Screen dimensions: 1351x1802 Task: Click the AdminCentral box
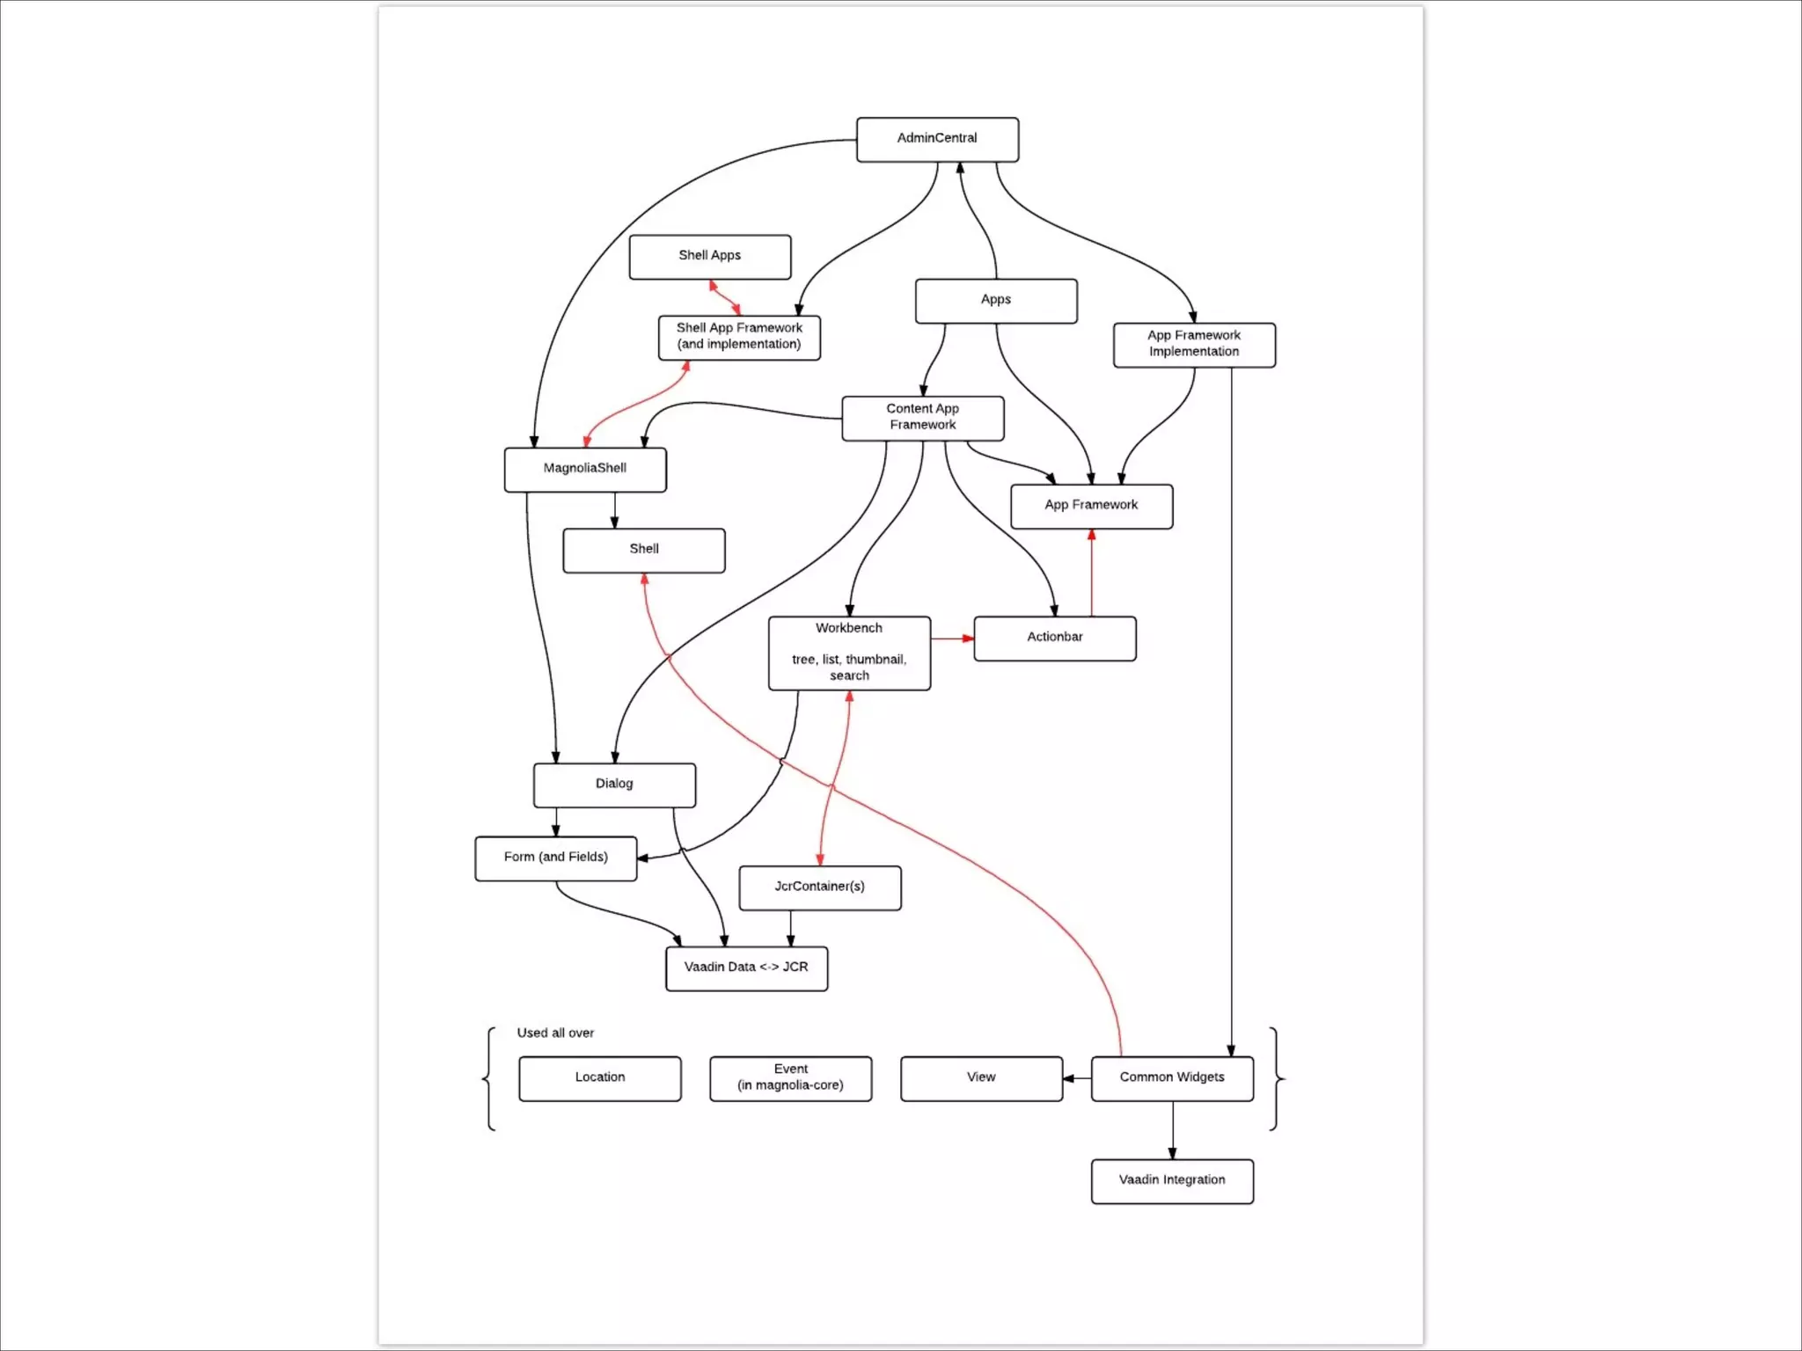(937, 139)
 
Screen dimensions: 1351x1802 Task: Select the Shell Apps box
(709, 256)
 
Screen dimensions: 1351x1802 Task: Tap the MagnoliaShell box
(585, 469)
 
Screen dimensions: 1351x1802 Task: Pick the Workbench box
(849, 653)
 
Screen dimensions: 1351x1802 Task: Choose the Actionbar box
(1054, 638)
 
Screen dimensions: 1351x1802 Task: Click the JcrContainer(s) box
(819, 887)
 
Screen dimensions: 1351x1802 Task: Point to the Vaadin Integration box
(1171, 1180)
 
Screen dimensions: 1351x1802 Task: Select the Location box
(599, 1077)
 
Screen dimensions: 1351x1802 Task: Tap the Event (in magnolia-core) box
(790, 1077)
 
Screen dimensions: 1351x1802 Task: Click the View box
(981, 1077)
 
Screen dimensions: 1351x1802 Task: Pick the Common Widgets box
(1171, 1077)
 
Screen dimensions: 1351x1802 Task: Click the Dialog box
(614, 785)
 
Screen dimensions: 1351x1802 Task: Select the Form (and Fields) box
(555, 858)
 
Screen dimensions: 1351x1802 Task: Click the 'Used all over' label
(555, 1033)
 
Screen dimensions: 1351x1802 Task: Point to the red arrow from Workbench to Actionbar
(952, 638)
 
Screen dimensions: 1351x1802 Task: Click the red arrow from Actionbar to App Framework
(1091, 572)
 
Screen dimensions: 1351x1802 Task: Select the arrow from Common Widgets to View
(1076, 1077)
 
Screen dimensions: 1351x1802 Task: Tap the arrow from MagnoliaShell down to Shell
(614, 510)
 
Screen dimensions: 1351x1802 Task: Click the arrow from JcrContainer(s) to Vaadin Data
(790, 928)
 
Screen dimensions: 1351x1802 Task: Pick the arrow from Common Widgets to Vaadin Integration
(1171, 1130)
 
